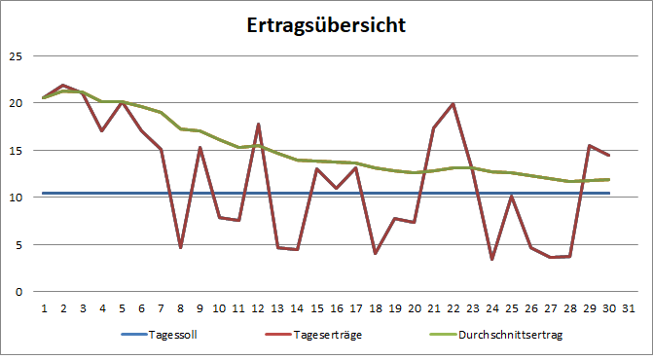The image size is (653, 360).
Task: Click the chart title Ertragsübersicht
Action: click(x=326, y=26)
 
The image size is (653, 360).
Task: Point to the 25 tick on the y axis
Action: click(x=15, y=55)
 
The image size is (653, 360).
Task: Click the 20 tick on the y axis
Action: click(x=15, y=103)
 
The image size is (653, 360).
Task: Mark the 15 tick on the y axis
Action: click(x=15, y=150)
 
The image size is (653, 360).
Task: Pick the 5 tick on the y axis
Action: click(x=18, y=244)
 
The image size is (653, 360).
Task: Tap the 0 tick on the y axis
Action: click(x=18, y=291)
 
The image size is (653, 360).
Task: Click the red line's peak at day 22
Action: click(x=453, y=104)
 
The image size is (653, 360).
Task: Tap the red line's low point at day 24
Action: click(x=491, y=259)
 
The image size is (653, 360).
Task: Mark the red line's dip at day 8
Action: click(x=180, y=247)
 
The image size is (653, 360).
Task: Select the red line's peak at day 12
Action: click(x=258, y=125)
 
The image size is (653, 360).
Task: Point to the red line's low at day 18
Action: click(x=375, y=253)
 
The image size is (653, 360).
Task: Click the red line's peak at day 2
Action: click(x=63, y=86)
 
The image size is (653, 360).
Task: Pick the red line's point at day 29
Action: click(x=589, y=146)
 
